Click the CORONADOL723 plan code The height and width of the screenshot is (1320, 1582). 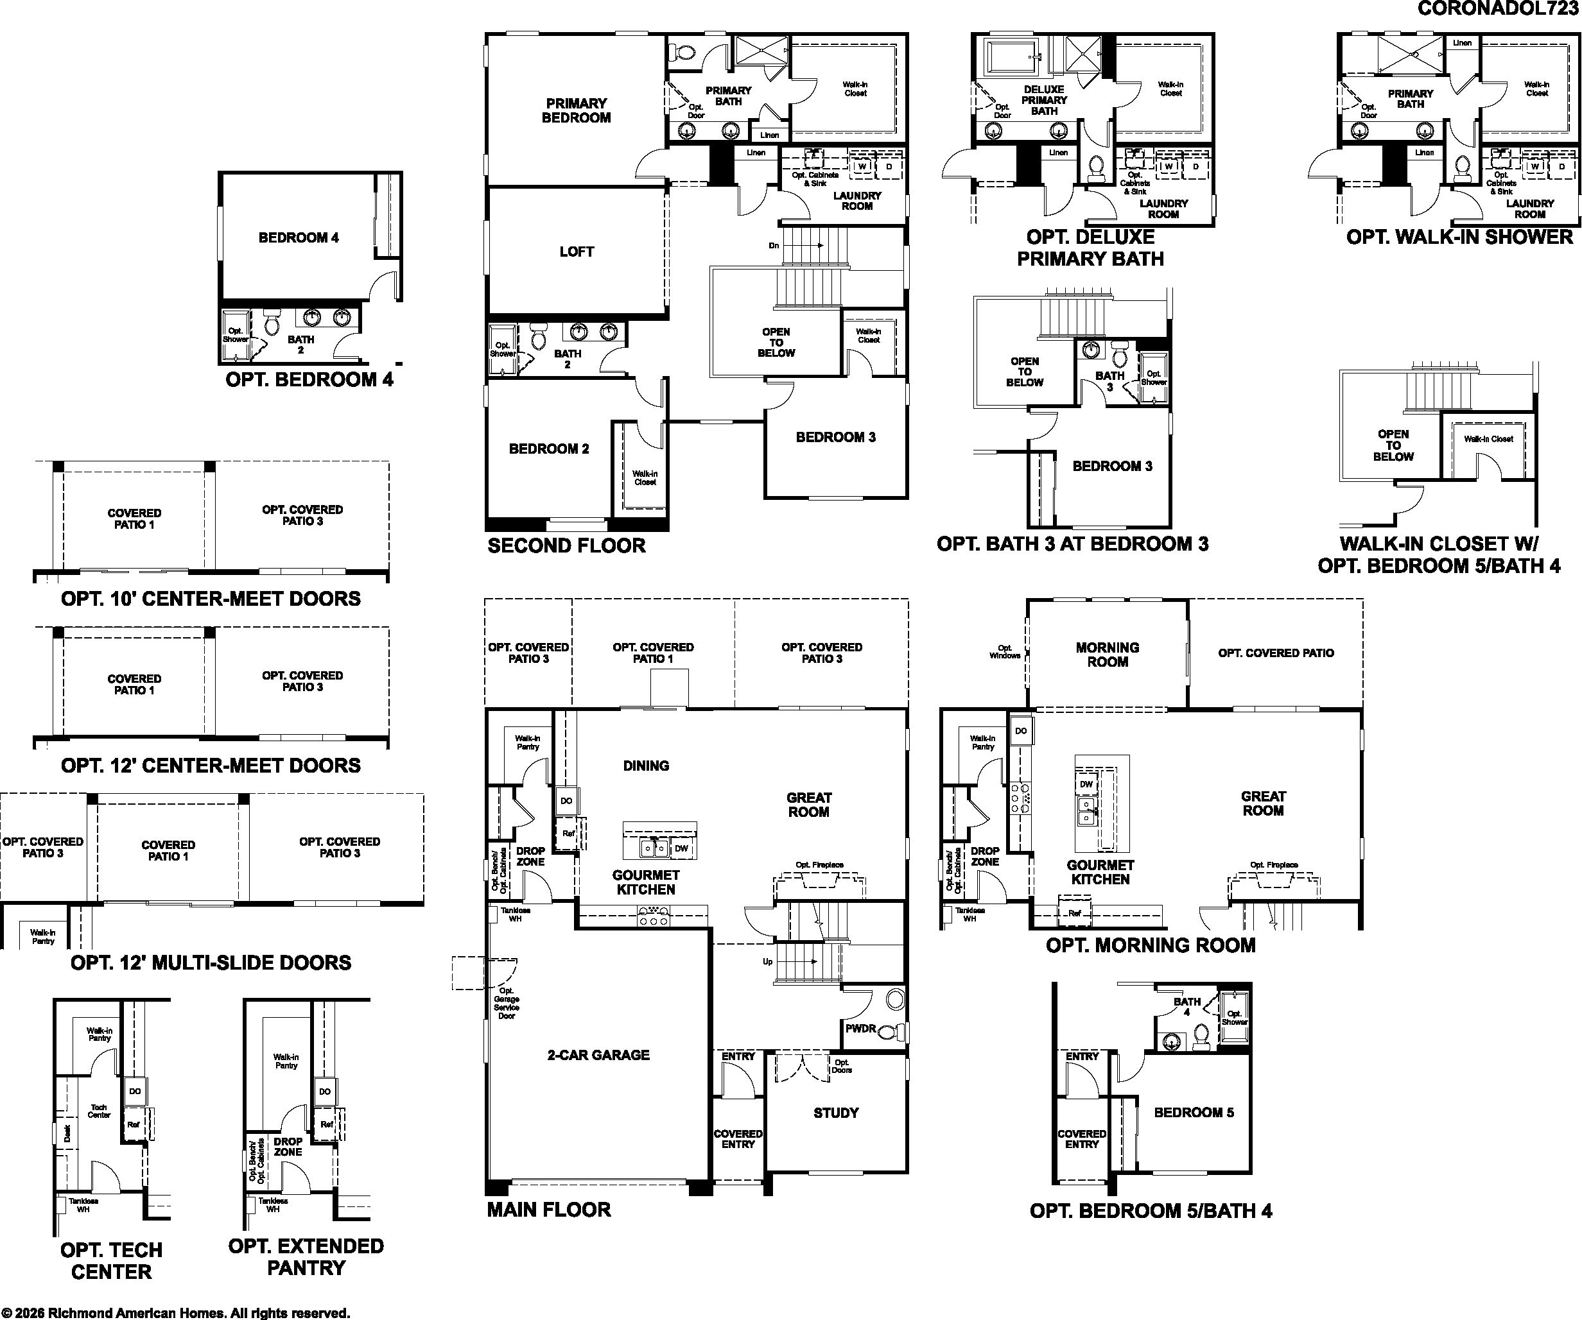pos(1498,8)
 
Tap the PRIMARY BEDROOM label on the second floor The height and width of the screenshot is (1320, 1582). pos(577,110)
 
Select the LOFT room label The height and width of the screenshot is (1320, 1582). pos(577,252)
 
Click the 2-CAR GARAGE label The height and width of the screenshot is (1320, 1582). pos(598,1055)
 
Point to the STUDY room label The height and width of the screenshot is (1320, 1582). pos(836,1112)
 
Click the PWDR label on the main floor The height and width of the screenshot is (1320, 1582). pos(860,1028)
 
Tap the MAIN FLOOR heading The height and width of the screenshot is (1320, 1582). pos(548,1210)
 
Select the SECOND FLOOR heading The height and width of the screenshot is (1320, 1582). pos(566,546)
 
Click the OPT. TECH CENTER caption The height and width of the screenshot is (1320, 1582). pos(112,1260)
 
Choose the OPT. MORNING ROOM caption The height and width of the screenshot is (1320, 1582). pos(1151,945)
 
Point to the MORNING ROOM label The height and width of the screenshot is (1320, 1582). pos(1108,655)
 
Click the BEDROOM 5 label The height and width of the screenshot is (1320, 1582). pos(1194,1112)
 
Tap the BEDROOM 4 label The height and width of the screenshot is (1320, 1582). pos(299,238)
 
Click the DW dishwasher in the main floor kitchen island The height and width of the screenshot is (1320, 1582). pos(681,848)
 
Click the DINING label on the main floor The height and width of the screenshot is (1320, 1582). pos(646,766)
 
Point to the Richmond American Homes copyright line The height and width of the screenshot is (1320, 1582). pos(175,1313)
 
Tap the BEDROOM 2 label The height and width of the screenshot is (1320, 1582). pos(549,449)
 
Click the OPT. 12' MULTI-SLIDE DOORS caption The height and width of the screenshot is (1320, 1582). pos(211,963)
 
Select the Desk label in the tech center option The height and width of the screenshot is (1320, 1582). pos(67,1133)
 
